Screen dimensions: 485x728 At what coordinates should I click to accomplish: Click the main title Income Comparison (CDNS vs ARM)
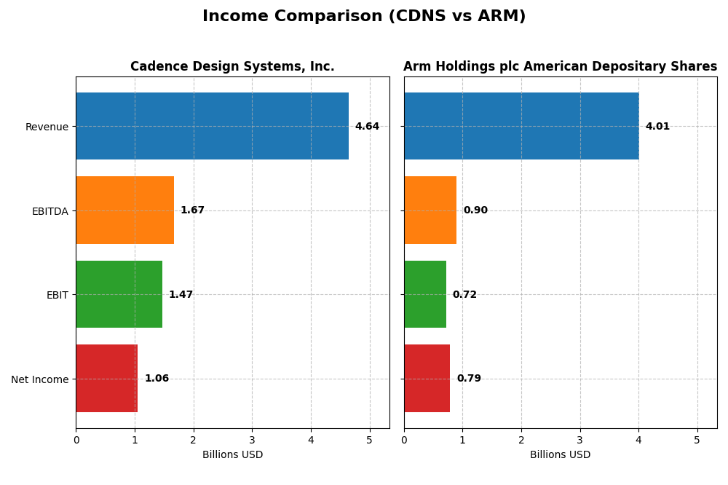pos(364,16)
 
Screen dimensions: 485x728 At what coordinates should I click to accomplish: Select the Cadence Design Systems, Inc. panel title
pos(232,67)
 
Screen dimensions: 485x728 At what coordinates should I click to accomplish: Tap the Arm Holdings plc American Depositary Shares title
pos(560,67)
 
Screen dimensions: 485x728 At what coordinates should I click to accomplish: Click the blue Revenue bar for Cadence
pos(212,126)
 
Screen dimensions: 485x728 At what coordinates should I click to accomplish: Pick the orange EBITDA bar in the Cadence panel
pos(124,210)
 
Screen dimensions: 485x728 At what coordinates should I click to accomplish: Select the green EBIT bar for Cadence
pos(119,294)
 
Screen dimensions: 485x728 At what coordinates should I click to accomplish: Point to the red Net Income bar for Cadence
pos(107,379)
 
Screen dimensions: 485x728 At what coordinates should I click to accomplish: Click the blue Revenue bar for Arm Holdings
pos(521,126)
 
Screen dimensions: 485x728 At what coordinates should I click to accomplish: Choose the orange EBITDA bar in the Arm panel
pos(430,210)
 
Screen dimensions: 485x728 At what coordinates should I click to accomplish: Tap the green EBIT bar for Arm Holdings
pos(425,294)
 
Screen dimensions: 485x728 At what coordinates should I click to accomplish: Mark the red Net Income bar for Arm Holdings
pos(427,379)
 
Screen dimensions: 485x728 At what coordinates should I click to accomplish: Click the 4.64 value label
pos(367,127)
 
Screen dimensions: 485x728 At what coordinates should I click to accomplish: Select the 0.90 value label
pos(475,210)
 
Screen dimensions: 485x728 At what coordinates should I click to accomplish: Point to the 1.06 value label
pos(157,379)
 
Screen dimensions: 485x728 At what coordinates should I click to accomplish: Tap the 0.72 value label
pos(464,295)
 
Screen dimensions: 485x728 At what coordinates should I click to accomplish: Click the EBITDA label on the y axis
pos(50,211)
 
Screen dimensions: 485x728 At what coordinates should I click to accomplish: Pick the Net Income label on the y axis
pos(39,379)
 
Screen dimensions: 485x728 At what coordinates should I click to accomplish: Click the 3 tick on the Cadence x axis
pos(252,441)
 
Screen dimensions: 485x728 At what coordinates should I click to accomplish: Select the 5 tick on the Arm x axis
pos(697,441)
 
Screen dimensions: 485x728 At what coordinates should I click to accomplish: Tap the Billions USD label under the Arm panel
pos(560,455)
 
